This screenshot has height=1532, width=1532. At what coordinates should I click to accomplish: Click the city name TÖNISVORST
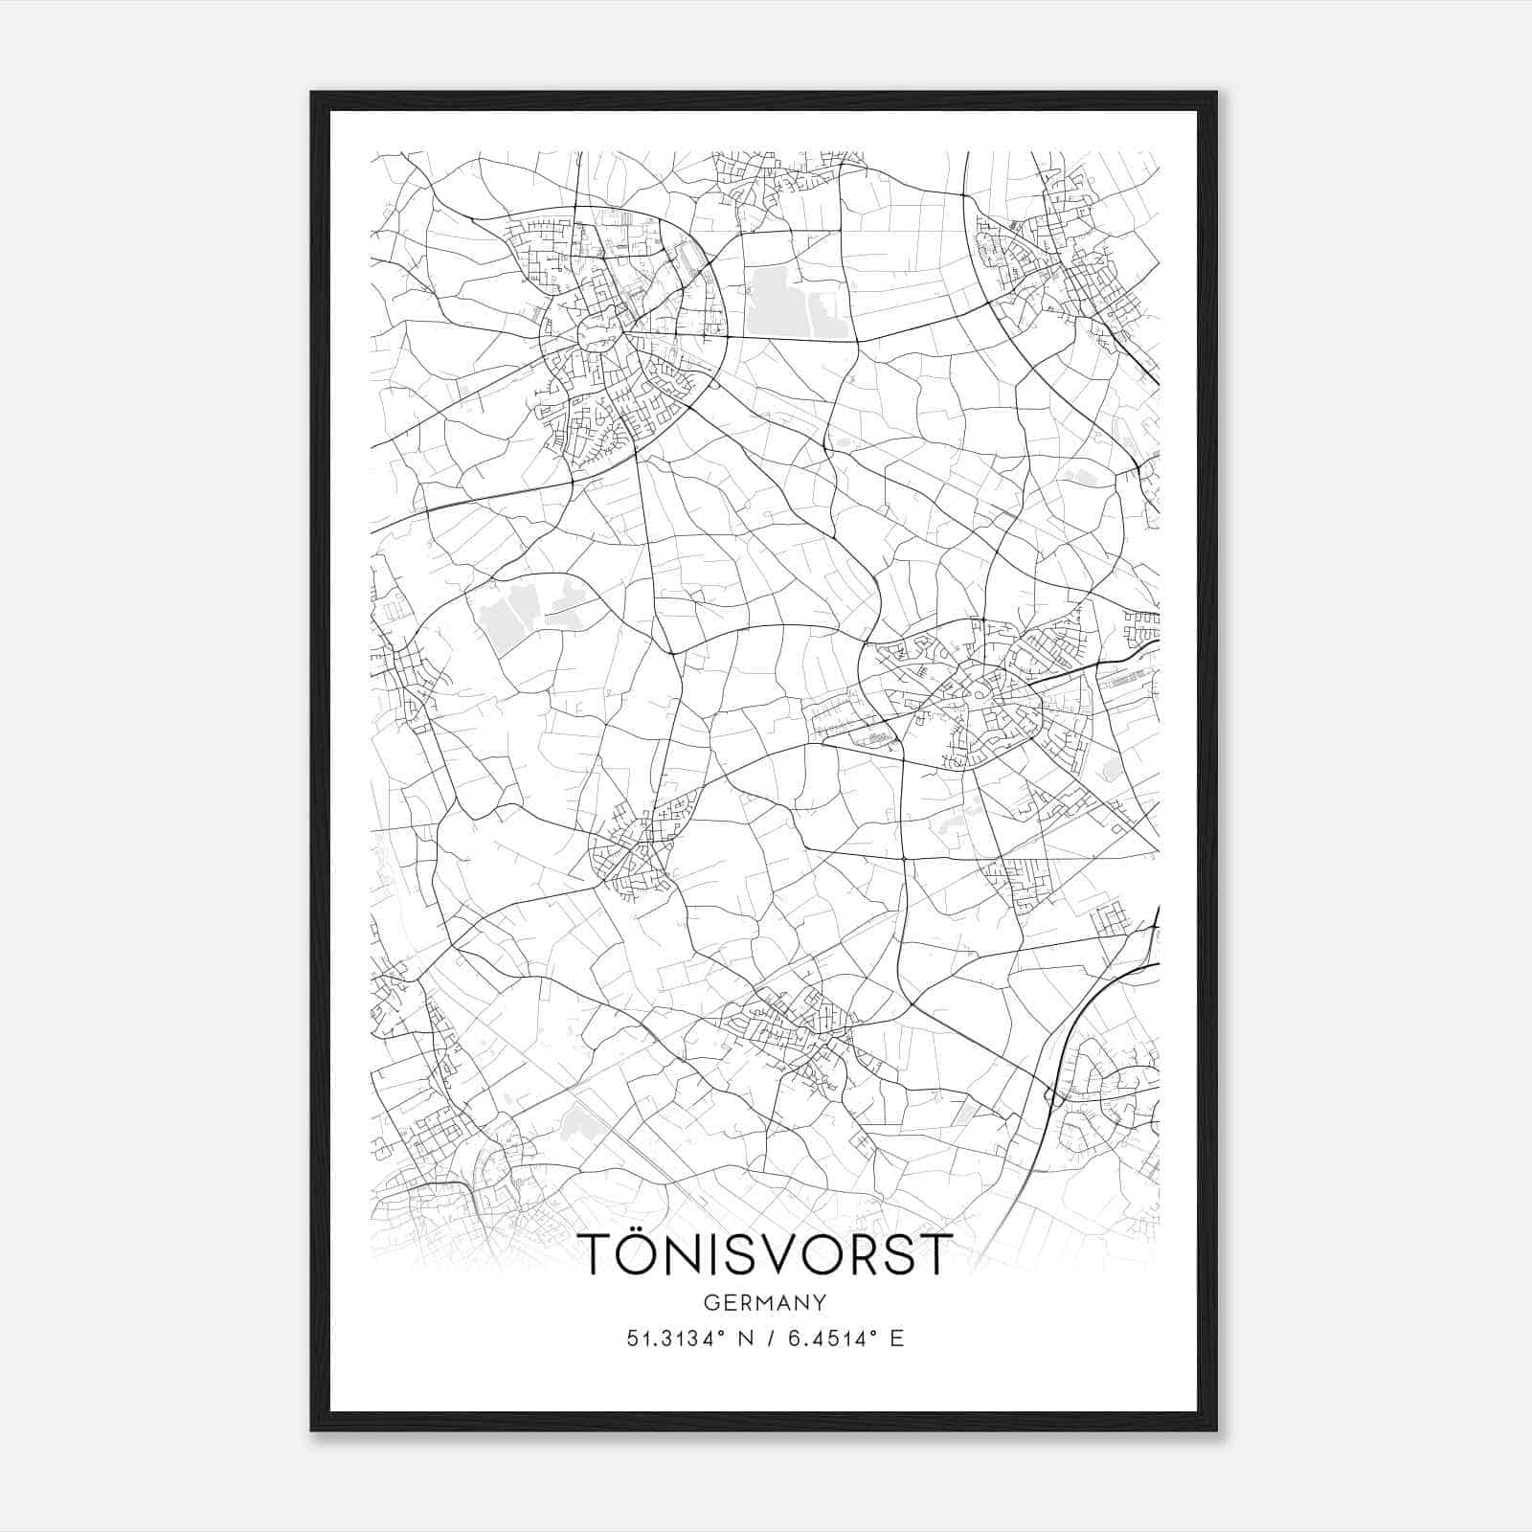765,1254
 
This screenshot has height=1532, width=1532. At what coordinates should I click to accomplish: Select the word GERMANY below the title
765,1303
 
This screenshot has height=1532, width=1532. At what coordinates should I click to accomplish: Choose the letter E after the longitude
896,1339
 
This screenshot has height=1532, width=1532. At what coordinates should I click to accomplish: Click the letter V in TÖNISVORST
787,1254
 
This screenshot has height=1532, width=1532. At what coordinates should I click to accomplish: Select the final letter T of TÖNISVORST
935,1254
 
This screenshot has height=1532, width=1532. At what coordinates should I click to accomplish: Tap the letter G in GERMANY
710,1303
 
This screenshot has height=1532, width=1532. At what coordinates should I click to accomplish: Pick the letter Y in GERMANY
821,1303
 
